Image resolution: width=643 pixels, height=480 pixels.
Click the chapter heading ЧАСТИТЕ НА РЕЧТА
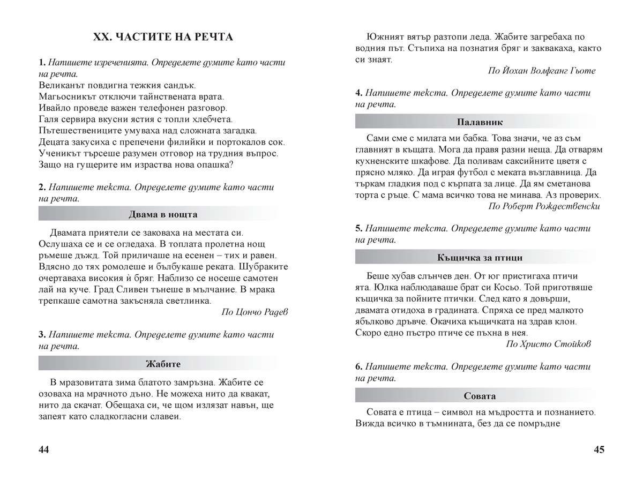(163, 37)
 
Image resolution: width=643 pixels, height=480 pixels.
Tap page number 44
(44, 449)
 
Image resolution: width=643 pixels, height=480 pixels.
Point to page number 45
(599, 449)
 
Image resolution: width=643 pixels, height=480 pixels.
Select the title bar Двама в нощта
(163, 214)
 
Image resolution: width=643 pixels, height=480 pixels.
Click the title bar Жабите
(163, 364)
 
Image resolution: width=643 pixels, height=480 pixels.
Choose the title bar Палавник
(480, 122)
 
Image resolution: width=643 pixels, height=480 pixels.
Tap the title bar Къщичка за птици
(480, 257)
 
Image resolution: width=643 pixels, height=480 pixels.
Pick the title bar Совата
(480, 396)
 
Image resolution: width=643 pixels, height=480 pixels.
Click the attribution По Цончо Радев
(254, 312)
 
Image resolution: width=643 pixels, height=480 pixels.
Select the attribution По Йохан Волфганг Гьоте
(542, 71)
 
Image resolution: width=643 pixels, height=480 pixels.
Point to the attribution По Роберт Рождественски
(544, 206)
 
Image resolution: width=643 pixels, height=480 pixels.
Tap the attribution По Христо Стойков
(549, 344)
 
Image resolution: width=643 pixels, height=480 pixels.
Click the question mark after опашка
(230, 164)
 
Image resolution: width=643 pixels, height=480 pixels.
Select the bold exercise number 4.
(358, 93)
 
